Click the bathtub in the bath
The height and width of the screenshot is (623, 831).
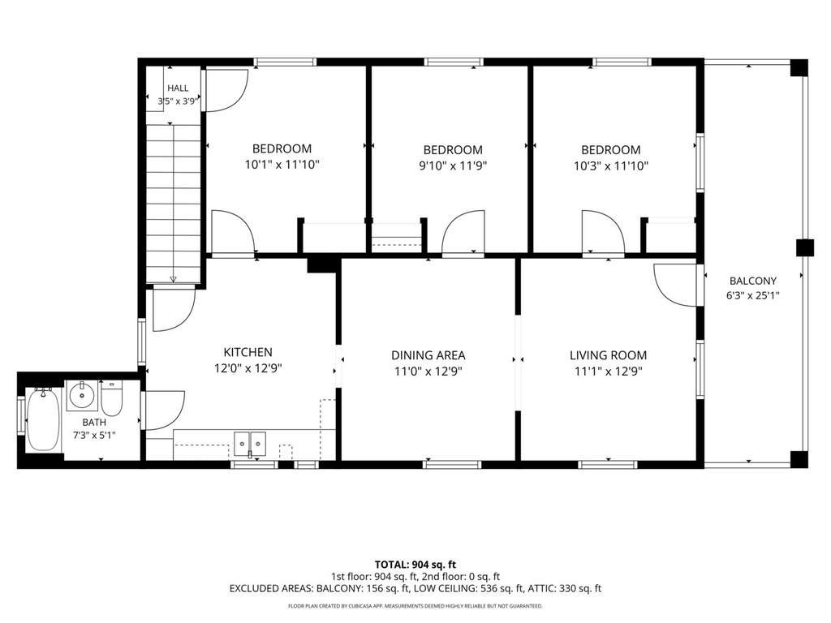pyautogui.click(x=44, y=420)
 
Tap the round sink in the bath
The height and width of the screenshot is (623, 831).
pyautogui.click(x=82, y=395)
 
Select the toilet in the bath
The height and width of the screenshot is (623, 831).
pyautogui.click(x=112, y=398)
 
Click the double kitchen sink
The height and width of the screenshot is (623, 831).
pyautogui.click(x=250, y=443)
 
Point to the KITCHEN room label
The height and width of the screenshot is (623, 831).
pyautogui.click(x=248, y=352)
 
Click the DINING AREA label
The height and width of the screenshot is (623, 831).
pyautogui.click(x=428, y=355)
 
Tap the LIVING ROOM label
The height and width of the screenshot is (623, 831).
pyautogui.click(x=609, y=355)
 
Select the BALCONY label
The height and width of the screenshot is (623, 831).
pyautogui.click(x=753, y=281)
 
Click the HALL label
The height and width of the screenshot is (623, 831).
pyautogui.click(x=178, y=88)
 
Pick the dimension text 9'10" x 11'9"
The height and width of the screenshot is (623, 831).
pyautogui.click(x=453, y=165)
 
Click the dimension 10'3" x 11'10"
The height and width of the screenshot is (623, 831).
pyautogui.click(x=611, y=165)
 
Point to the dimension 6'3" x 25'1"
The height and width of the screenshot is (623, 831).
pyautogui.click(x=752, y=295)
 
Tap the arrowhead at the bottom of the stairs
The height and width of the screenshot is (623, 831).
pyautogui.click(x=174, y=279)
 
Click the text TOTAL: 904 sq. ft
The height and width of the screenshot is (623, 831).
pyautogui.click(x=415, y=565)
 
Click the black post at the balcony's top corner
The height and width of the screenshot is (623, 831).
pyautogui.click(x=799, y=68)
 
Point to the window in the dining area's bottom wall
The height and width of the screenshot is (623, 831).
pyautogui.click(x=452, y=465)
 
